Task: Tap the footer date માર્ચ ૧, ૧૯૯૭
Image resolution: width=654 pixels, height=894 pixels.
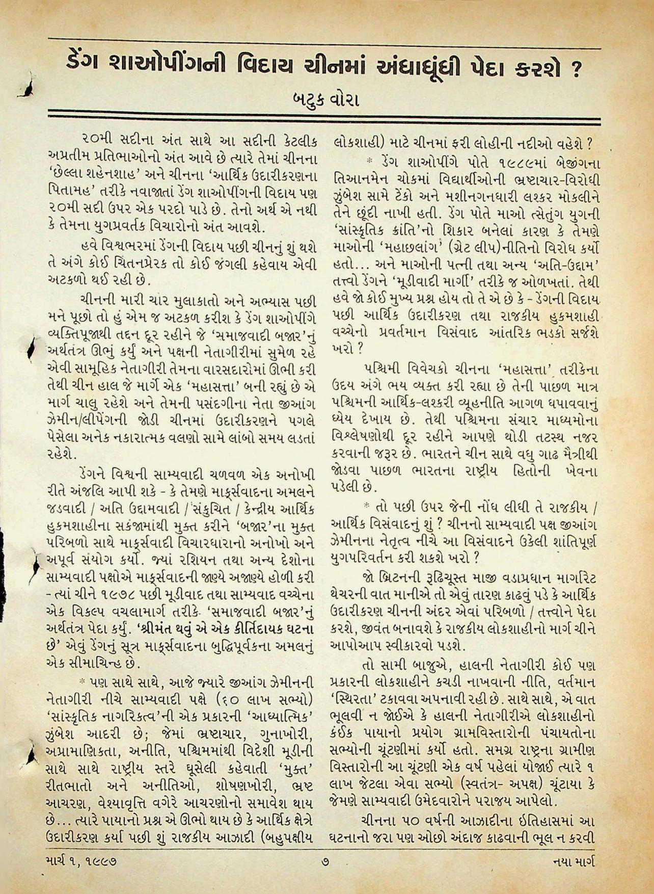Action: click(x=80, y=862)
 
